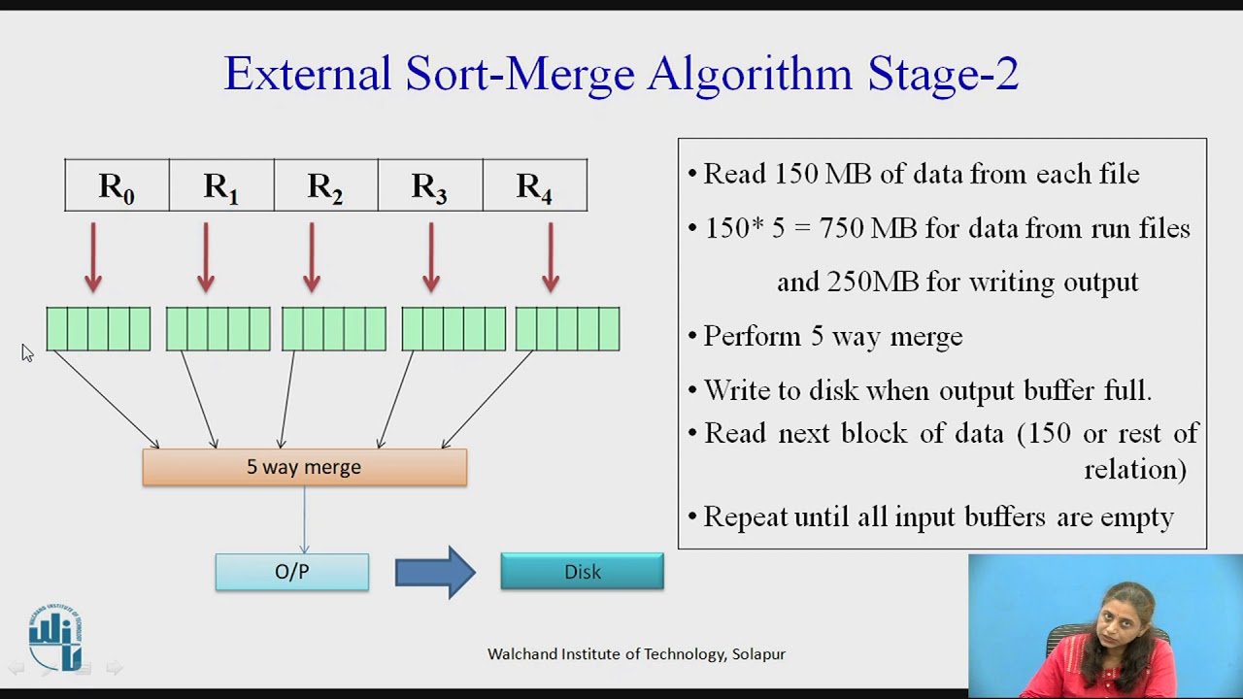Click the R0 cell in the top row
click(x=117, y=185)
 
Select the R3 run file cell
click(x=429, y=185)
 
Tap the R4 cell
click(x=534, y=185)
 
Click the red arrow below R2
click(x=311, y=257)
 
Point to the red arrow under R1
click(x=206, y=257)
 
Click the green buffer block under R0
click(x=98, y=329)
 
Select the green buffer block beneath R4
click(x=567, y=329)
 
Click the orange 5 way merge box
click(x=304, y=467)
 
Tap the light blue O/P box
click(x=291, y=572)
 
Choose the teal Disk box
click(x=582, y=572)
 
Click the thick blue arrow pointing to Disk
click(x=435, y=572)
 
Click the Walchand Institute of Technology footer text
click(x=636, y=654)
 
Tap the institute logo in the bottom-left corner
click(x=55, y=639)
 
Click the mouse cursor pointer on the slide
click(x=26, y=353)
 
